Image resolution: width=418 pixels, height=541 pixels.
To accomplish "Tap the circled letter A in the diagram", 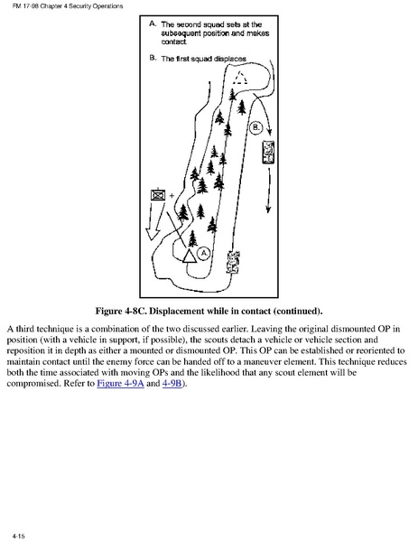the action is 204,254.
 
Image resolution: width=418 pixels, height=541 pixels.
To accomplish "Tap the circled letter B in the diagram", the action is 255,127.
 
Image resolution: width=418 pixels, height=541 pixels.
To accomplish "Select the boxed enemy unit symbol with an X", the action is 158,195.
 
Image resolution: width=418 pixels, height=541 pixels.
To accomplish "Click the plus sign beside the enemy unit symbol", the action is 172,196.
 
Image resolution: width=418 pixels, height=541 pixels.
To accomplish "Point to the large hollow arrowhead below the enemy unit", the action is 152,234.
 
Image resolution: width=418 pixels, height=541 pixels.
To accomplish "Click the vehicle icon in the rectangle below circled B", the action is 268,152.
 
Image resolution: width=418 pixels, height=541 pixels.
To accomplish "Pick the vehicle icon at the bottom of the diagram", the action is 233,263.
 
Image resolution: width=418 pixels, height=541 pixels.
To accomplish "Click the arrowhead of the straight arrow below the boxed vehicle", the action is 268,210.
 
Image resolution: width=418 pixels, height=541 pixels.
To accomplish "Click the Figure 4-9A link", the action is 120,383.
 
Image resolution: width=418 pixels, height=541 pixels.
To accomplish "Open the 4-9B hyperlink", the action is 172,383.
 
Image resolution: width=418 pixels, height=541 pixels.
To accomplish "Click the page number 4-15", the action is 19,536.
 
